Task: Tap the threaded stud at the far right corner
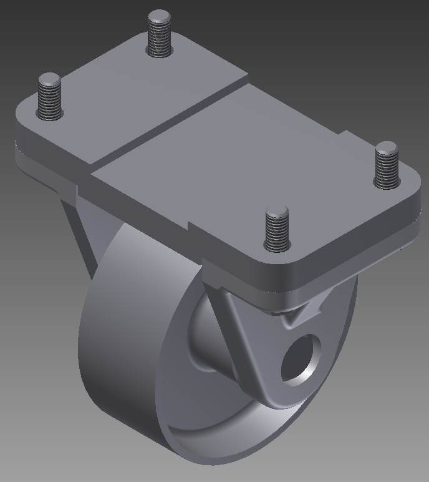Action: (x=386, y=165)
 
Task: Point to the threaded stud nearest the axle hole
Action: (x=277, y=229)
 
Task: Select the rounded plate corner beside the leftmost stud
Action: (x=25, y=112)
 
